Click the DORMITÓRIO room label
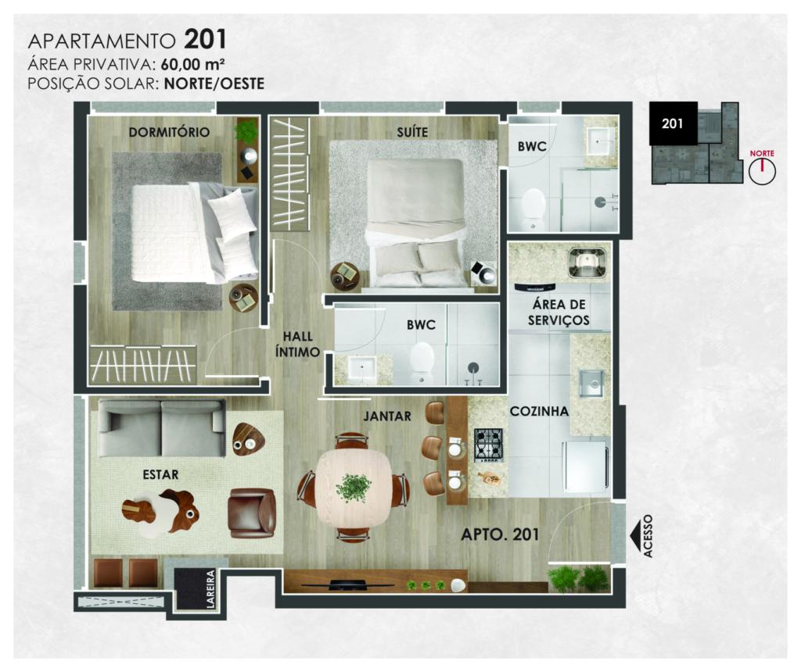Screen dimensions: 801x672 click(x=169, y=132)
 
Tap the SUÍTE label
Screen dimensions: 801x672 click(x=412, y=132)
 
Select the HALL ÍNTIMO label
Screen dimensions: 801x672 click(x=297, y=344)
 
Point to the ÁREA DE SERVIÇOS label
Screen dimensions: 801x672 click(x=559, y=313)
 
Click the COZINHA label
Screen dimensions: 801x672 click(x=539, y=411)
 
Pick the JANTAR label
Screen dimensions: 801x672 click(x=387, y=416)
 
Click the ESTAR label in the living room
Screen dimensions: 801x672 click(x=160, y=474)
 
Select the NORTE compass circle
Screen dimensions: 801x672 click(x=762, y=171)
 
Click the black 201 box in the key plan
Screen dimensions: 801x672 click(x=673, y=123)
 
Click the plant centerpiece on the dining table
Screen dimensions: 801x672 click(x=353, y=488)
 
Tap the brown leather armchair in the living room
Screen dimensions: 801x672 click(x=252, y=513)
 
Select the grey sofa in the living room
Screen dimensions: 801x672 click(x=162, y=428)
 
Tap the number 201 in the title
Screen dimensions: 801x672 click(x=206, y=40)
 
